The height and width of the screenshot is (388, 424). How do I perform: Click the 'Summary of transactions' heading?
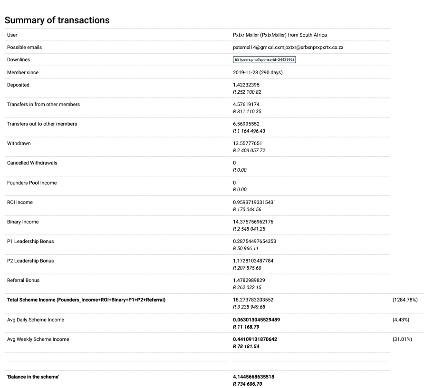[x=57, y=20]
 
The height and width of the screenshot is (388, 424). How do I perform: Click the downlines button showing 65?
[x=265, y=60]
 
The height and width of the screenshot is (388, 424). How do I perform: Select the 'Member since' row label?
[x=23, y=72]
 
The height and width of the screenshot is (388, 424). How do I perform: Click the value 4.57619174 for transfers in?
[x=246, y=104]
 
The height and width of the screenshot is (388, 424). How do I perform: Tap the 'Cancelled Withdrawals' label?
[x=32, y=163]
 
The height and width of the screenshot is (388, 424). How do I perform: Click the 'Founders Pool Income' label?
[x=32, y=183]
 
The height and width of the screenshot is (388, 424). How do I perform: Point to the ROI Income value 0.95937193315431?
[x=254, y=202]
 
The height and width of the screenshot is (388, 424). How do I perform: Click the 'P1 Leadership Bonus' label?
[x=30, y=241]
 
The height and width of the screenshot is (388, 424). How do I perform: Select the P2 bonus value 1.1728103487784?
[x=253, y=261]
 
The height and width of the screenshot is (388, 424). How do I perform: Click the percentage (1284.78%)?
[x=405, y=300]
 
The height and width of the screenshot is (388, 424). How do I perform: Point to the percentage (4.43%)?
[x=401, y=320]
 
